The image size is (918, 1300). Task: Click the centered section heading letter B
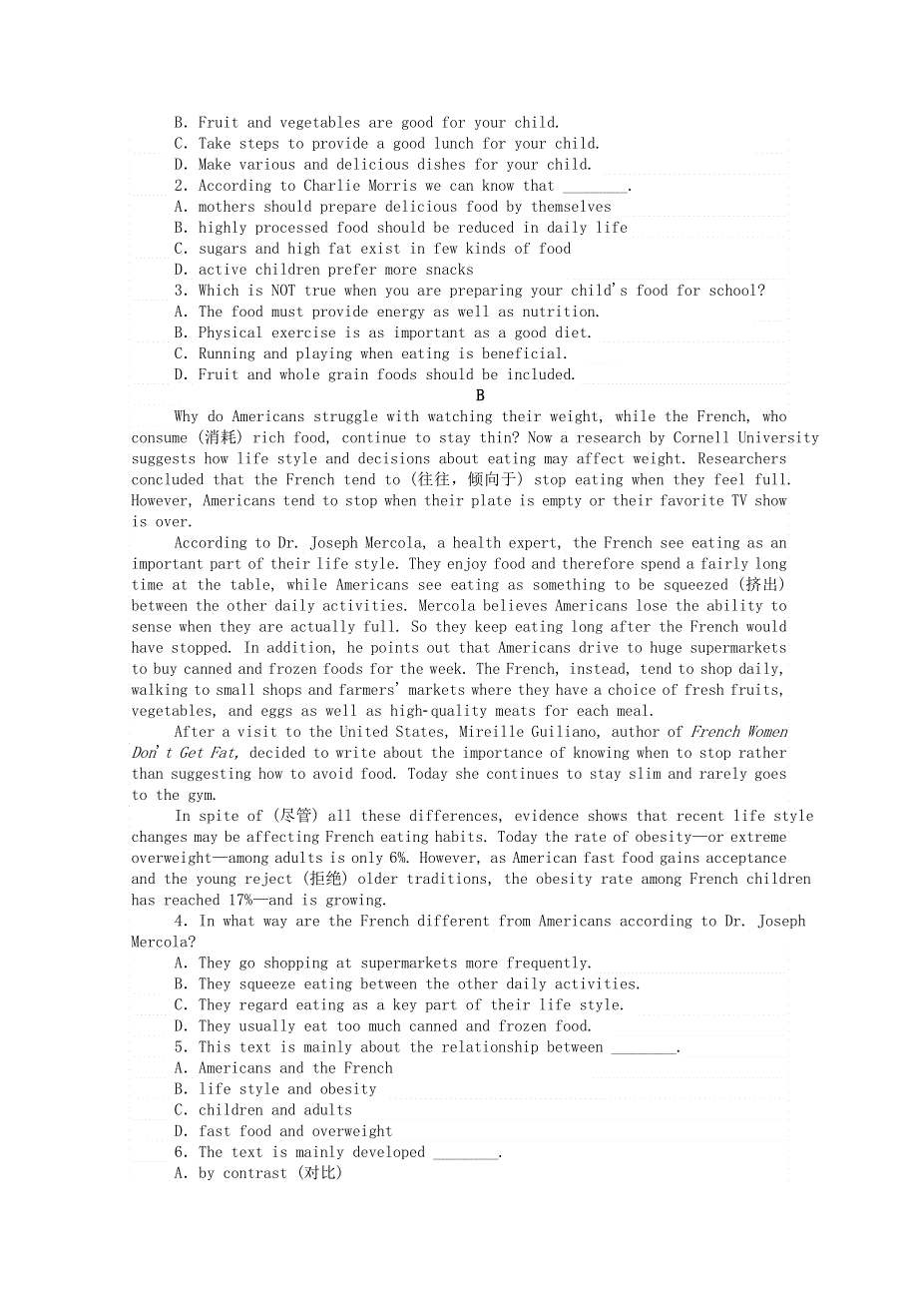click(x=480, y=395)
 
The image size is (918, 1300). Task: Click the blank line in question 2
click(x=595, y=187)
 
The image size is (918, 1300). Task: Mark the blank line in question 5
click(x=643, y=1048)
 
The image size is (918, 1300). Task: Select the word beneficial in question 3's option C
click(x=524, y=353)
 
